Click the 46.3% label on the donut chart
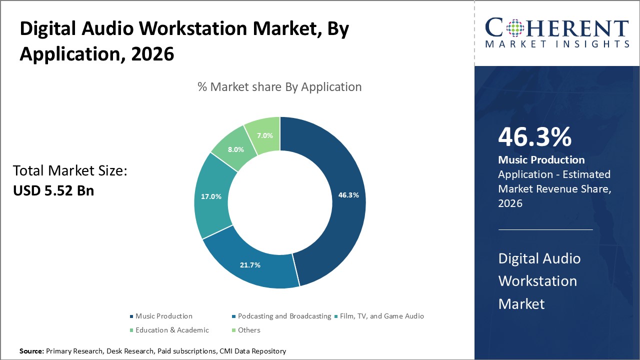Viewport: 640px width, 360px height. (x=348, y=195)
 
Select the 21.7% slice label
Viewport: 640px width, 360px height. (x=250, y=265)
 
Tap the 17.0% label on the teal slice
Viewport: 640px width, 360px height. (x=211, y=196)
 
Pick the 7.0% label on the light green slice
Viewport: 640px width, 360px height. (x=265, y=135)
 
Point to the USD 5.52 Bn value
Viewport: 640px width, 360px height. (x=53, y=190)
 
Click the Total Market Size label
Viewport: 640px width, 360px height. (x=70, y=171)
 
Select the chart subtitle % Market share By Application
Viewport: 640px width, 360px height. (x=279, y=87)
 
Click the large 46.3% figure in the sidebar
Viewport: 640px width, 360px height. (x=534, y=137)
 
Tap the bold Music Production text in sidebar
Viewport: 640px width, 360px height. (x=541, y=160)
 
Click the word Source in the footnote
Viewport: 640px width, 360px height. (x=31, y=351)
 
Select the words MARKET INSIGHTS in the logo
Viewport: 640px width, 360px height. (x=557, y=44)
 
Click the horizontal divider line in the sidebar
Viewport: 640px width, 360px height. (x=545, y=229)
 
